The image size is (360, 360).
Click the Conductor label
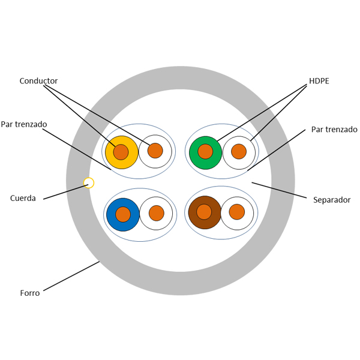point(38,81)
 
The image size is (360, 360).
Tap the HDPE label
point(319,81)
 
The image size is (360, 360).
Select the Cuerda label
point(23,198)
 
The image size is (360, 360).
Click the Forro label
point(29,293)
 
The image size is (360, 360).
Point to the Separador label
point(332,200)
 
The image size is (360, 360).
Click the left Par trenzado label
point(24,124)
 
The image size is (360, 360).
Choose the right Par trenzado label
point(334,130)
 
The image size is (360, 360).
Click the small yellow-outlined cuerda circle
point(89,182)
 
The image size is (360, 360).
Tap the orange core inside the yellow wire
point(121,152)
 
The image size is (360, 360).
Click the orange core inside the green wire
point(205,151)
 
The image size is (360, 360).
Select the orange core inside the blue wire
point(123,214)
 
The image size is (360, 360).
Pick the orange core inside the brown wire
point(204,212)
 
